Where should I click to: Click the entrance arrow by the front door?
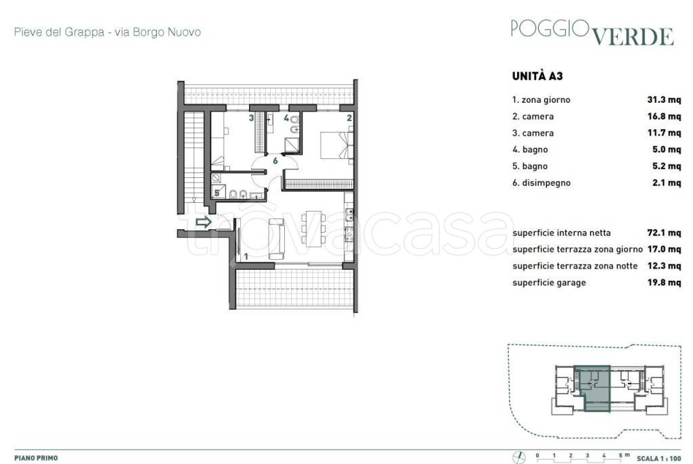[203, 223]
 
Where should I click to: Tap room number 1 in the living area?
[246, 256]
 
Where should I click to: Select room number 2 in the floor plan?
[349, 118]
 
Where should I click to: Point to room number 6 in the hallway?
[275, 161]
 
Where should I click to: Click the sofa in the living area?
[277, 239]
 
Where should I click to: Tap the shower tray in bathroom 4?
[292, 145]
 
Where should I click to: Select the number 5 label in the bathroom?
[217, 193]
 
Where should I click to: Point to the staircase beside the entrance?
[193, 156]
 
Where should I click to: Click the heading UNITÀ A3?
[537, 76]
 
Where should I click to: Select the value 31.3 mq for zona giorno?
[664, 100]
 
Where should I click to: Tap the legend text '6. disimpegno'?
[541, 183]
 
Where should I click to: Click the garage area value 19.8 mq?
[664, 282]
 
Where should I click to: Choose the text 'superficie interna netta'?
[561, 233]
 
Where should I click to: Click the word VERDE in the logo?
[633, 37]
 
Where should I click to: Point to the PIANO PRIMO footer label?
[37, 459]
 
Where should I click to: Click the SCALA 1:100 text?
[658, 459]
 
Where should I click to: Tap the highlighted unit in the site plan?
[593, 388]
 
